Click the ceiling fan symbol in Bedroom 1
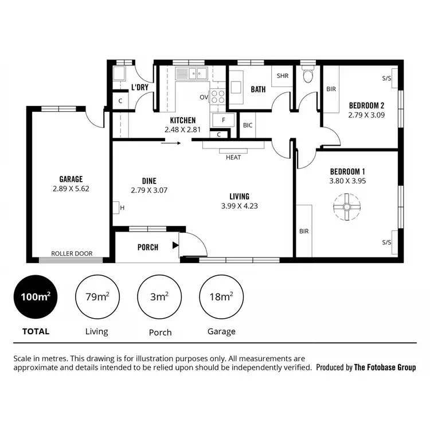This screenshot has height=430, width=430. pyautogui.click(x=347, y=208)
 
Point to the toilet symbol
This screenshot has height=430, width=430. pyautogui.click(x=308, y=75)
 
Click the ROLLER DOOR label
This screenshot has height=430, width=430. pyautogui.click(x=72, y=253)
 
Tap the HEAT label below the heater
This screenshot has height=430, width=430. pyautogui.click(x=233, y=157)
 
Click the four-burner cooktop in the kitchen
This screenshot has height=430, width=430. pyautogui.click(x=218, y=96)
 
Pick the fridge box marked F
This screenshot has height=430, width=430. pyautogui.click(x=222, y=120)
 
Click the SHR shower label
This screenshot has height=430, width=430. pyautogui.click(x=282, y=76)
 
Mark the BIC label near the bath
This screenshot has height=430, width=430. pyautogui.click(x=248, y=124)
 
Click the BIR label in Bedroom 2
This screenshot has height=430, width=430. pyautogui.click(x=331, y=89)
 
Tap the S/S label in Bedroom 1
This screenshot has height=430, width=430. pyautogui.click(x=387, y=243)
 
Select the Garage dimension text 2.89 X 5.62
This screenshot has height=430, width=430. pyautogui.click(x=71, y=188)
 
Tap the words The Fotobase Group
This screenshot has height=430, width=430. pyautogui.click(x=385, y=368)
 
